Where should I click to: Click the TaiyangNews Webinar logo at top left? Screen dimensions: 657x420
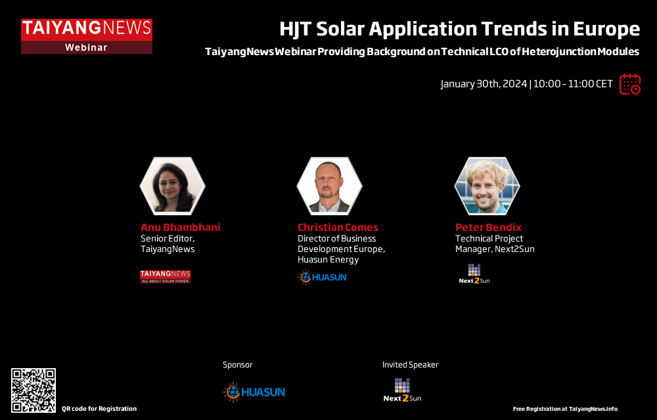coord(87,36)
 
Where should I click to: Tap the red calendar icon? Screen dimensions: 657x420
coord(630,84)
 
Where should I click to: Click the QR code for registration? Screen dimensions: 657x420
coord(34,390)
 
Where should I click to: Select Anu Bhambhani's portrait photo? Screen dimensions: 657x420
coord(172,186)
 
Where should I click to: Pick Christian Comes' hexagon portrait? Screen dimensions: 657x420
coord(329,186)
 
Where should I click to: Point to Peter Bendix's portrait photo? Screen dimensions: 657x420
coord(487,186)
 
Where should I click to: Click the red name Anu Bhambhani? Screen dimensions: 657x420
coord(180,228)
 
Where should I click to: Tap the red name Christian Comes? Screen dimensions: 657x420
coord(338,228)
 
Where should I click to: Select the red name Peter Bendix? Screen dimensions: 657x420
coord(488,228)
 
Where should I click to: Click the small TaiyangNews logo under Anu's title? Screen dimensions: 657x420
coord(165,276)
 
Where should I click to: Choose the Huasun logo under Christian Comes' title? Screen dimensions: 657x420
coord(322,277)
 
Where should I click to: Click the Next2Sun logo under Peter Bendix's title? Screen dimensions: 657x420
coord(474,274)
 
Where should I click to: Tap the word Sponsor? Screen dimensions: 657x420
coord(238,365)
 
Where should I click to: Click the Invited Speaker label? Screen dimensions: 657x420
coord(410,365)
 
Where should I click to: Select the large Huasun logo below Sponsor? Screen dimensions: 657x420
coord(254,392)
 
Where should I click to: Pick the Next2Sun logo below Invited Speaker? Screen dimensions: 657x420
coord(402,390)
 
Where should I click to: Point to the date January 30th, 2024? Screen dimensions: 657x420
coord(484,84)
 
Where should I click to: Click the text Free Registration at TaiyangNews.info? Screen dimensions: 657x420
coord(565,409)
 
